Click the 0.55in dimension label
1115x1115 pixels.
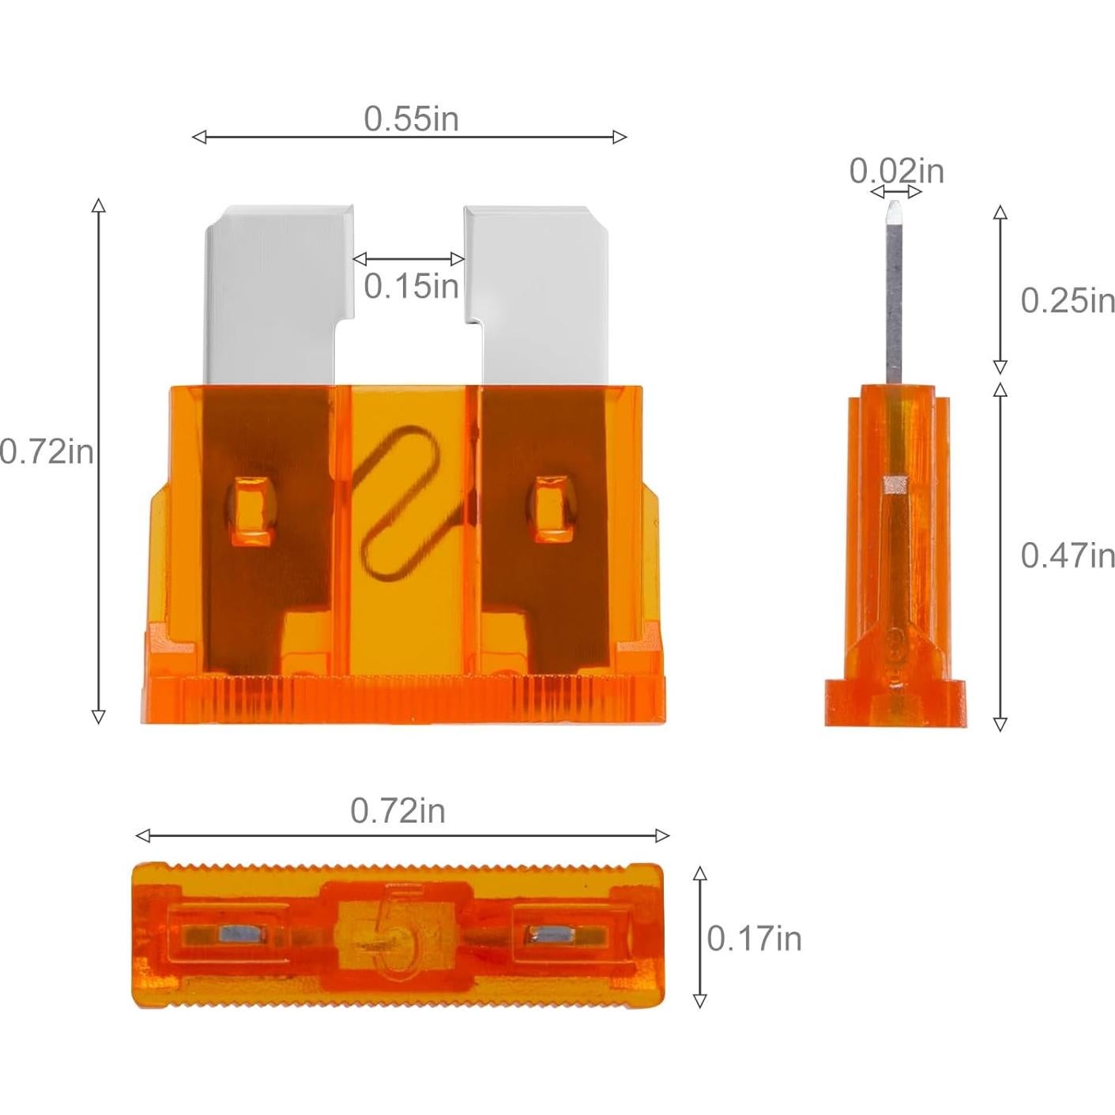[411, 119]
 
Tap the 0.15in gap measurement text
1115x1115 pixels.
[411, 286]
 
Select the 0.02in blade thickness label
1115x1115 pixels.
[896, 171]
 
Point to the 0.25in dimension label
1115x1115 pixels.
[1068, 300]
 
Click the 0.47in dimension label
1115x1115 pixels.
[1068, 556]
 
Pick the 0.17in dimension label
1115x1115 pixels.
[754, 939]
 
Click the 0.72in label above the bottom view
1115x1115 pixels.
[397, 811]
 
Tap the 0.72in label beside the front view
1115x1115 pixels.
[47, 452]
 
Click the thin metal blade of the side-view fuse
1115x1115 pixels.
[894, 300]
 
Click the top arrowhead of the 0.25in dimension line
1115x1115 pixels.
[1000, 212]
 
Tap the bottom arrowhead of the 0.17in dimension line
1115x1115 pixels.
[699, 1001]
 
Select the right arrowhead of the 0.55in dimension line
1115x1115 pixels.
[620, 137]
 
